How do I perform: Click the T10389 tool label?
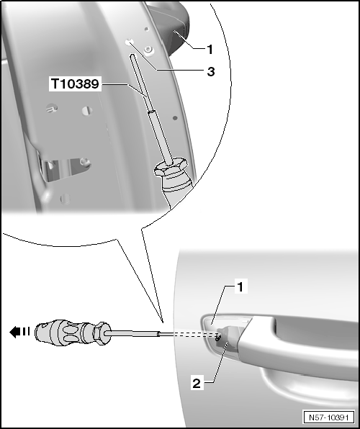tap(76, 83)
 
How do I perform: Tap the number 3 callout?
tap(210, 72)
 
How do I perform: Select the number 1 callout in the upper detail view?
tap(210, 50)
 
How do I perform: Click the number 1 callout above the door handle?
tap(240, 287)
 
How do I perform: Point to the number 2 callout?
tap(197, 384)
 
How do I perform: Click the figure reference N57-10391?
tap(328, 417)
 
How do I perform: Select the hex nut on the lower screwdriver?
tap(99, 333)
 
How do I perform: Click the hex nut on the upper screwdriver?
tap(171, 166)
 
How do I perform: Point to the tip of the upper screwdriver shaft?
tap(132, 55)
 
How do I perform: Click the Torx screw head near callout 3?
tap(148, 50)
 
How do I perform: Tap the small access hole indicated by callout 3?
tap(128, 42)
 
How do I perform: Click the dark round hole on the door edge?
tap(175, 118)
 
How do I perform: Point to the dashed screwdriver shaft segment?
tap(189, 334)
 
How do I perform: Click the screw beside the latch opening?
tap(86, 161)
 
